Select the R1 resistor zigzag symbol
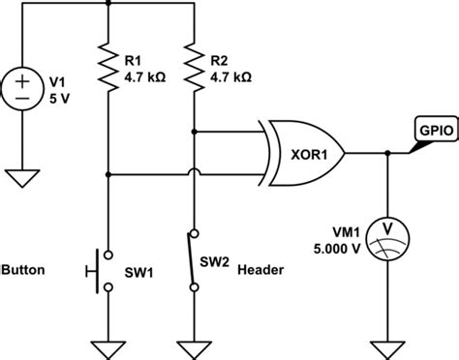[x=107, y=65]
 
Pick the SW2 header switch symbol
[x=195, y=261]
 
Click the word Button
[x=24, y=270]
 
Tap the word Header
[x=260, y=270]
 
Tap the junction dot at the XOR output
[x=388, y=153]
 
